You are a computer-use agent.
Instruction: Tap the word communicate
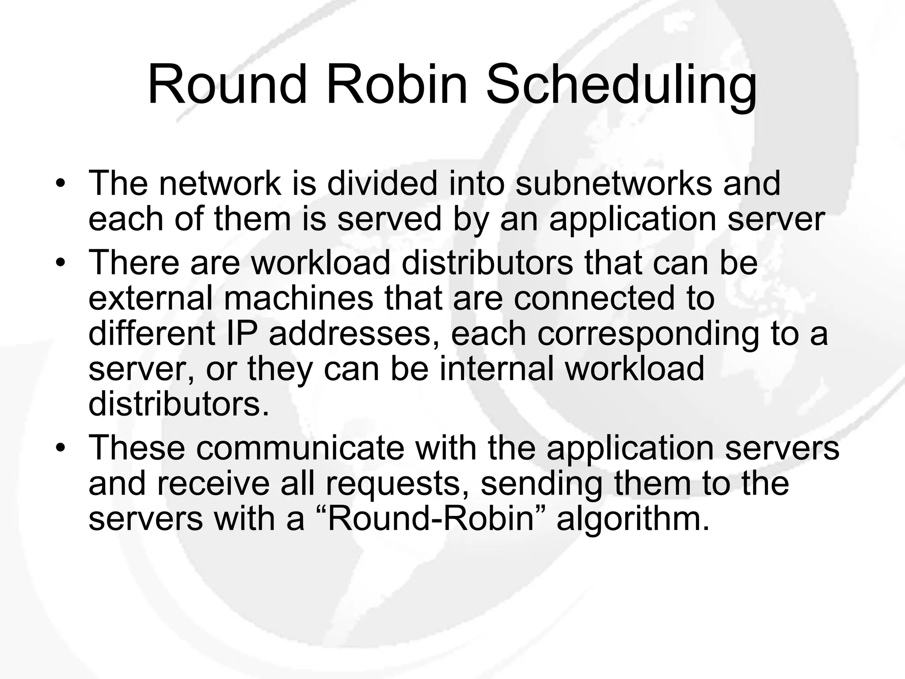click(300, 447)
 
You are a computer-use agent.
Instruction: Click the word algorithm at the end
click(633, 519)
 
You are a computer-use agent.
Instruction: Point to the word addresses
click(350, 334)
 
